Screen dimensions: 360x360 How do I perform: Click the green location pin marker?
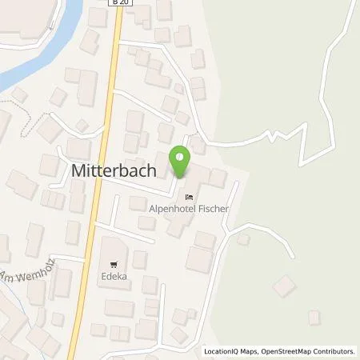tap(181, 162)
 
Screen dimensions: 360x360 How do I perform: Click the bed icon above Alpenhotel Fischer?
tap(189, 195)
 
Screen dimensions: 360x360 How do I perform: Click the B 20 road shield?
tap(119, 3)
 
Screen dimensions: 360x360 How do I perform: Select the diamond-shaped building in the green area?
tap(284, 286)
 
